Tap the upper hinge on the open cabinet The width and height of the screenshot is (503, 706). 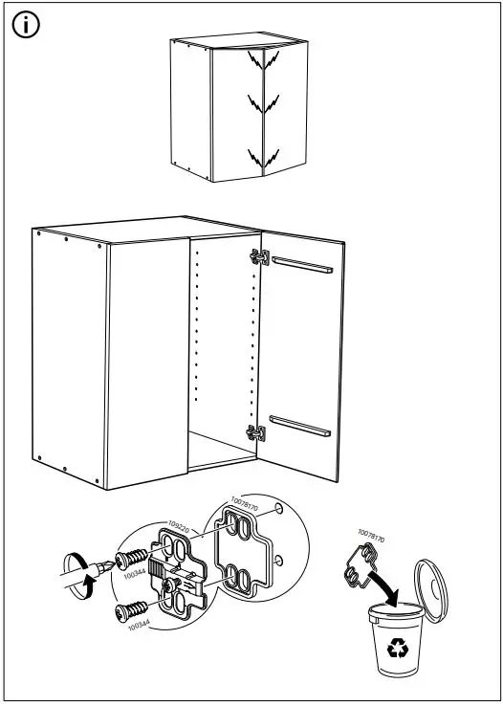(256, 257)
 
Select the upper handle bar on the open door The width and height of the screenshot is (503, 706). (302, 264)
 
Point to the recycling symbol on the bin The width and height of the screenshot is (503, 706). (394, 651)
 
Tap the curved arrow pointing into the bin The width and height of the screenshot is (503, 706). (383, 585)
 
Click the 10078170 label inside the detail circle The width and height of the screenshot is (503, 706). (245, 501)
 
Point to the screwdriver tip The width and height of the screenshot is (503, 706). (106, 566)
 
